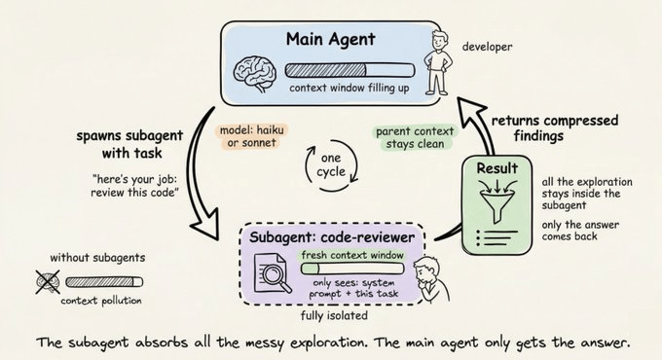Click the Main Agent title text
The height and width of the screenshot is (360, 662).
[330, 40]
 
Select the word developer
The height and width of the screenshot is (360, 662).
[487, 46]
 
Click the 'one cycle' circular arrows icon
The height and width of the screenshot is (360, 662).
[330, 162]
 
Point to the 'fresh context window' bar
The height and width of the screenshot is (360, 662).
[346, 257]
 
